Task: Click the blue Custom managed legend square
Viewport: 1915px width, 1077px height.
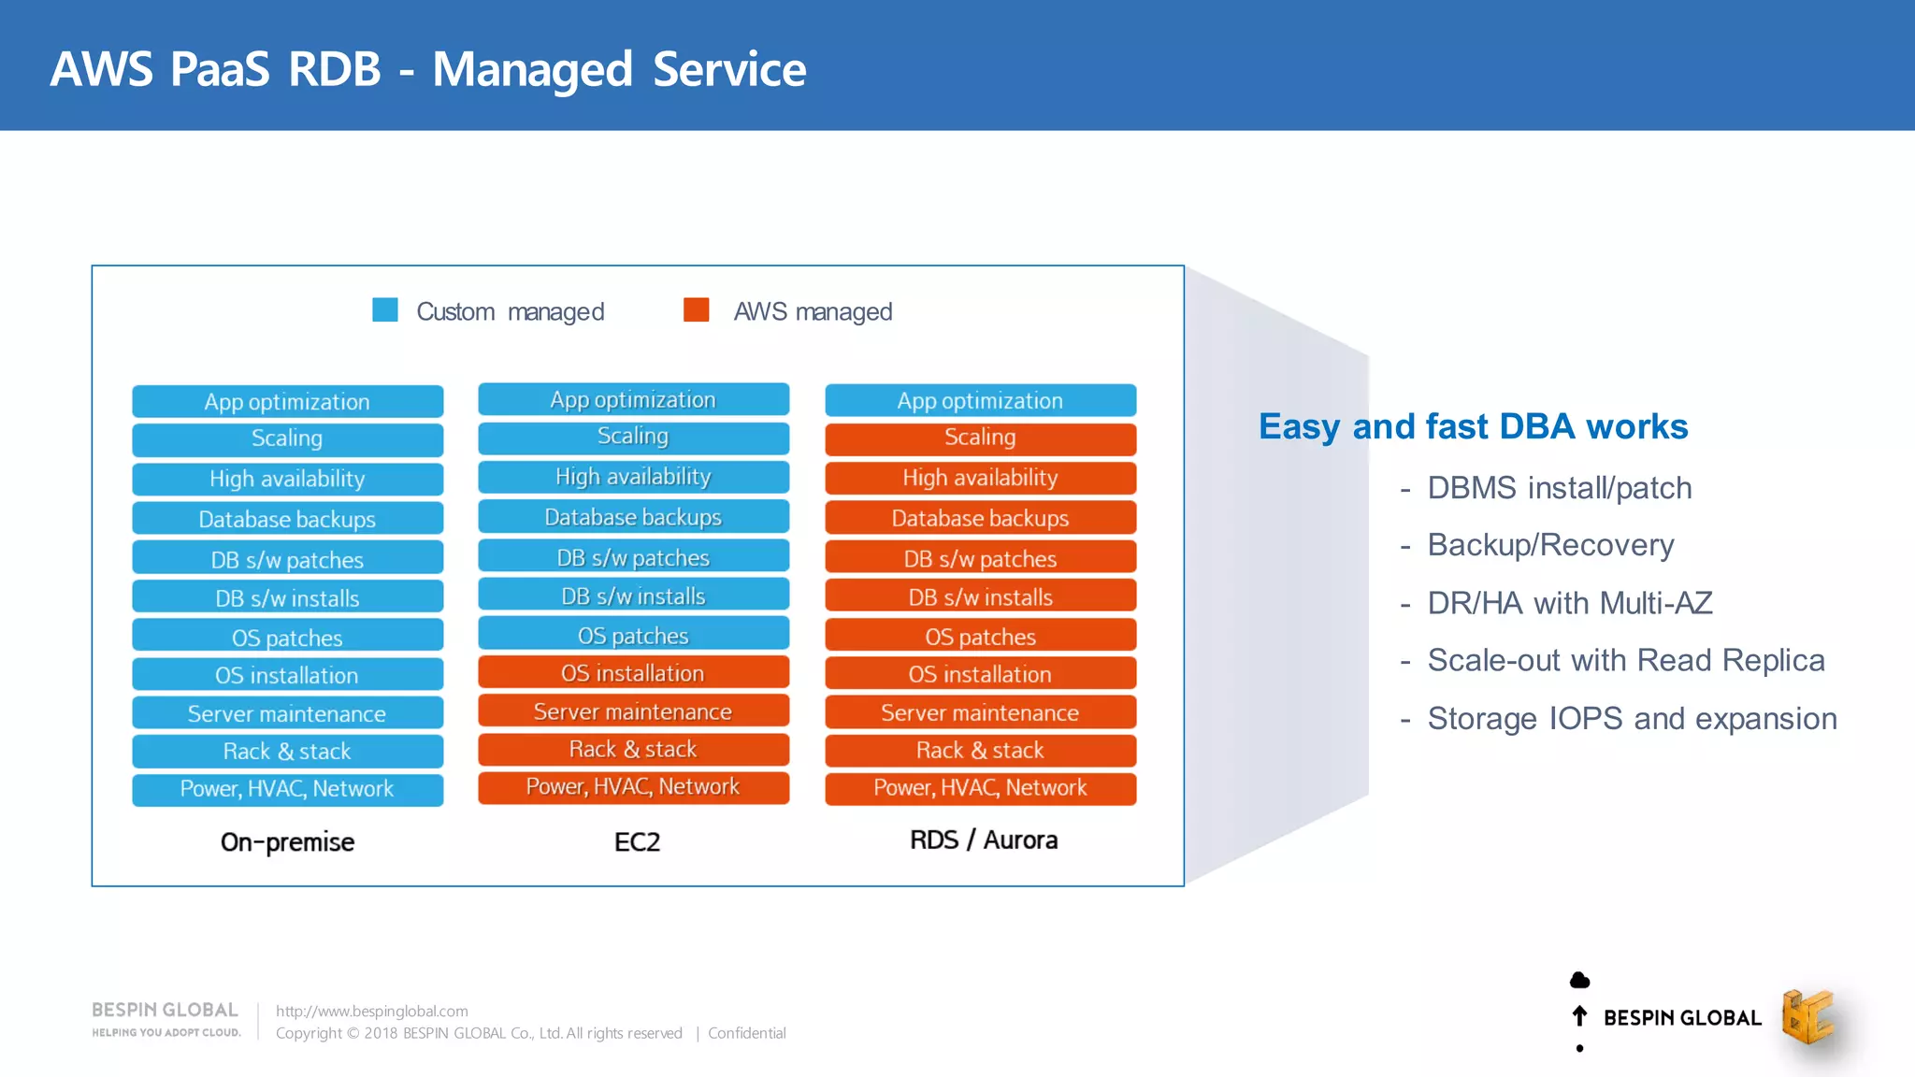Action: click(385, 309)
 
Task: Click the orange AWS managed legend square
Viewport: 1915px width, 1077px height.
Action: click(696, 309)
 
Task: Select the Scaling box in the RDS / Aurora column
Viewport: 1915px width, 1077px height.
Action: click(980, 438)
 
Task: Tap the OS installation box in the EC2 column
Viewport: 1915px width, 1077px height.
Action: click(633, 673)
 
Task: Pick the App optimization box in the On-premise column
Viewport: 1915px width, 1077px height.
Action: click(287, 402)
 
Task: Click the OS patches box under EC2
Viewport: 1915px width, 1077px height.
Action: click(633, 636)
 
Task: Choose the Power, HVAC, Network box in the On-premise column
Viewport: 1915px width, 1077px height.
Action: click(287, 789)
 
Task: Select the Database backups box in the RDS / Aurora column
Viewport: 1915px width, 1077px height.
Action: click(980, 518)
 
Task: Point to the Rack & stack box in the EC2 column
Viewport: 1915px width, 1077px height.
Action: click(633, 750)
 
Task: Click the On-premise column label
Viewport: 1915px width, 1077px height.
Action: click(287, 842)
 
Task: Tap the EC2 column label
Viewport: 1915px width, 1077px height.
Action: click(637, 842)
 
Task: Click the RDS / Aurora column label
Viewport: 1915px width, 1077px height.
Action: click(984, 840)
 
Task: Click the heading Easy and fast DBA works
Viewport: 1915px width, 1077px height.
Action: click(1473, 426)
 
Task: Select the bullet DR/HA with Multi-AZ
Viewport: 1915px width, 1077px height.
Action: click(1569, 603)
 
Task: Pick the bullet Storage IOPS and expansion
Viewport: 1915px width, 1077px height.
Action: click(1632, 719)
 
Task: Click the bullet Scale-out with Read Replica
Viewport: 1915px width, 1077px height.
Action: click(1625, 661)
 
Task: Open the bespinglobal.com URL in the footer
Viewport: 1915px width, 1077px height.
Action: click(371, 1012)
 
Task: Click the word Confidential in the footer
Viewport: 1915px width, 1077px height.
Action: click(746, 1033)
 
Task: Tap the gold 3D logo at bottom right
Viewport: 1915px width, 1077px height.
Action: click(1807, 1017)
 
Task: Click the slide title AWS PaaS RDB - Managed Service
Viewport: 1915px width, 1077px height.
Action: click(427, 69)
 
